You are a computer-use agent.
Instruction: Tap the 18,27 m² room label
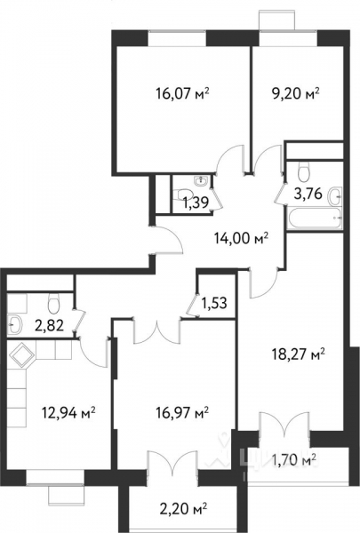click(x=296, y=353)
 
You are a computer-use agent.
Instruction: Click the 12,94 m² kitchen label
click(x=68, y=411)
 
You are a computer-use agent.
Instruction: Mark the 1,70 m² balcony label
click(x=294, y=459)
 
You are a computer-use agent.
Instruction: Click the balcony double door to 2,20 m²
click(x=168, y=465)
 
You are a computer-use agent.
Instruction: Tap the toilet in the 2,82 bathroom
click(x=53, y=298)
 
